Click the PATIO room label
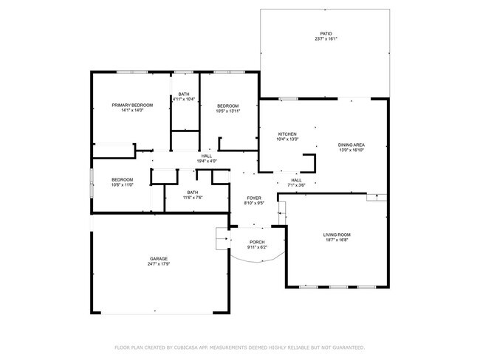(x=326, y=34)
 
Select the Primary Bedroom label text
(x=127, y=105)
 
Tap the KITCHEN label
(x=287, y=134)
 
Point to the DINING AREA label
(x=352, y=145)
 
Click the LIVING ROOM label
(x=336, y=235)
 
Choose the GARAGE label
(x=159, y=258)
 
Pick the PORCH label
(x=257, y=242)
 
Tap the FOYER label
(x=254, y=198)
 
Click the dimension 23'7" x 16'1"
(x=326, y=40)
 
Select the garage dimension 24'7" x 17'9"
(x=159, y=264)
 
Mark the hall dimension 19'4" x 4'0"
(x=206, y=162)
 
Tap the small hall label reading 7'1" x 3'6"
(x=296, y=185)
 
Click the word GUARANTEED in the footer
(x=345, y=347)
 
